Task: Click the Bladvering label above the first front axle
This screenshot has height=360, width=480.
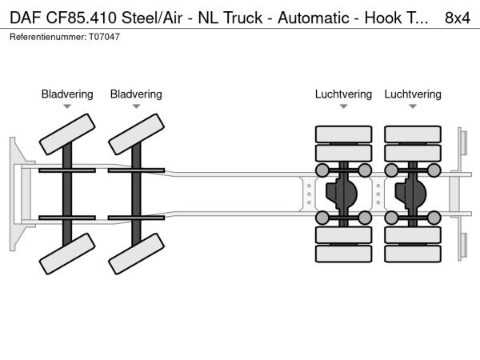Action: [67, 94]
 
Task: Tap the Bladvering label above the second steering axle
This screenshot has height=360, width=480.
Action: [136, 94]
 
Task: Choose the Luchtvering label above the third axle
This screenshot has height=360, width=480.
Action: [343, 94]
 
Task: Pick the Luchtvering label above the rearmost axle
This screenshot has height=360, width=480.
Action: [413, 94]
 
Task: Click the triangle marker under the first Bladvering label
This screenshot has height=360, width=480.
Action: [67, 106]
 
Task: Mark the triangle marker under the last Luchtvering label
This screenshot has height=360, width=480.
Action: [413, 106]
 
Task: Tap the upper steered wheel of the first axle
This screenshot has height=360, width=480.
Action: [67, 133]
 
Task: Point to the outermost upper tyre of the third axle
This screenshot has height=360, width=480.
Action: [343, 133]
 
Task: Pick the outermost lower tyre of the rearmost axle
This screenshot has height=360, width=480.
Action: [413, 254]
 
